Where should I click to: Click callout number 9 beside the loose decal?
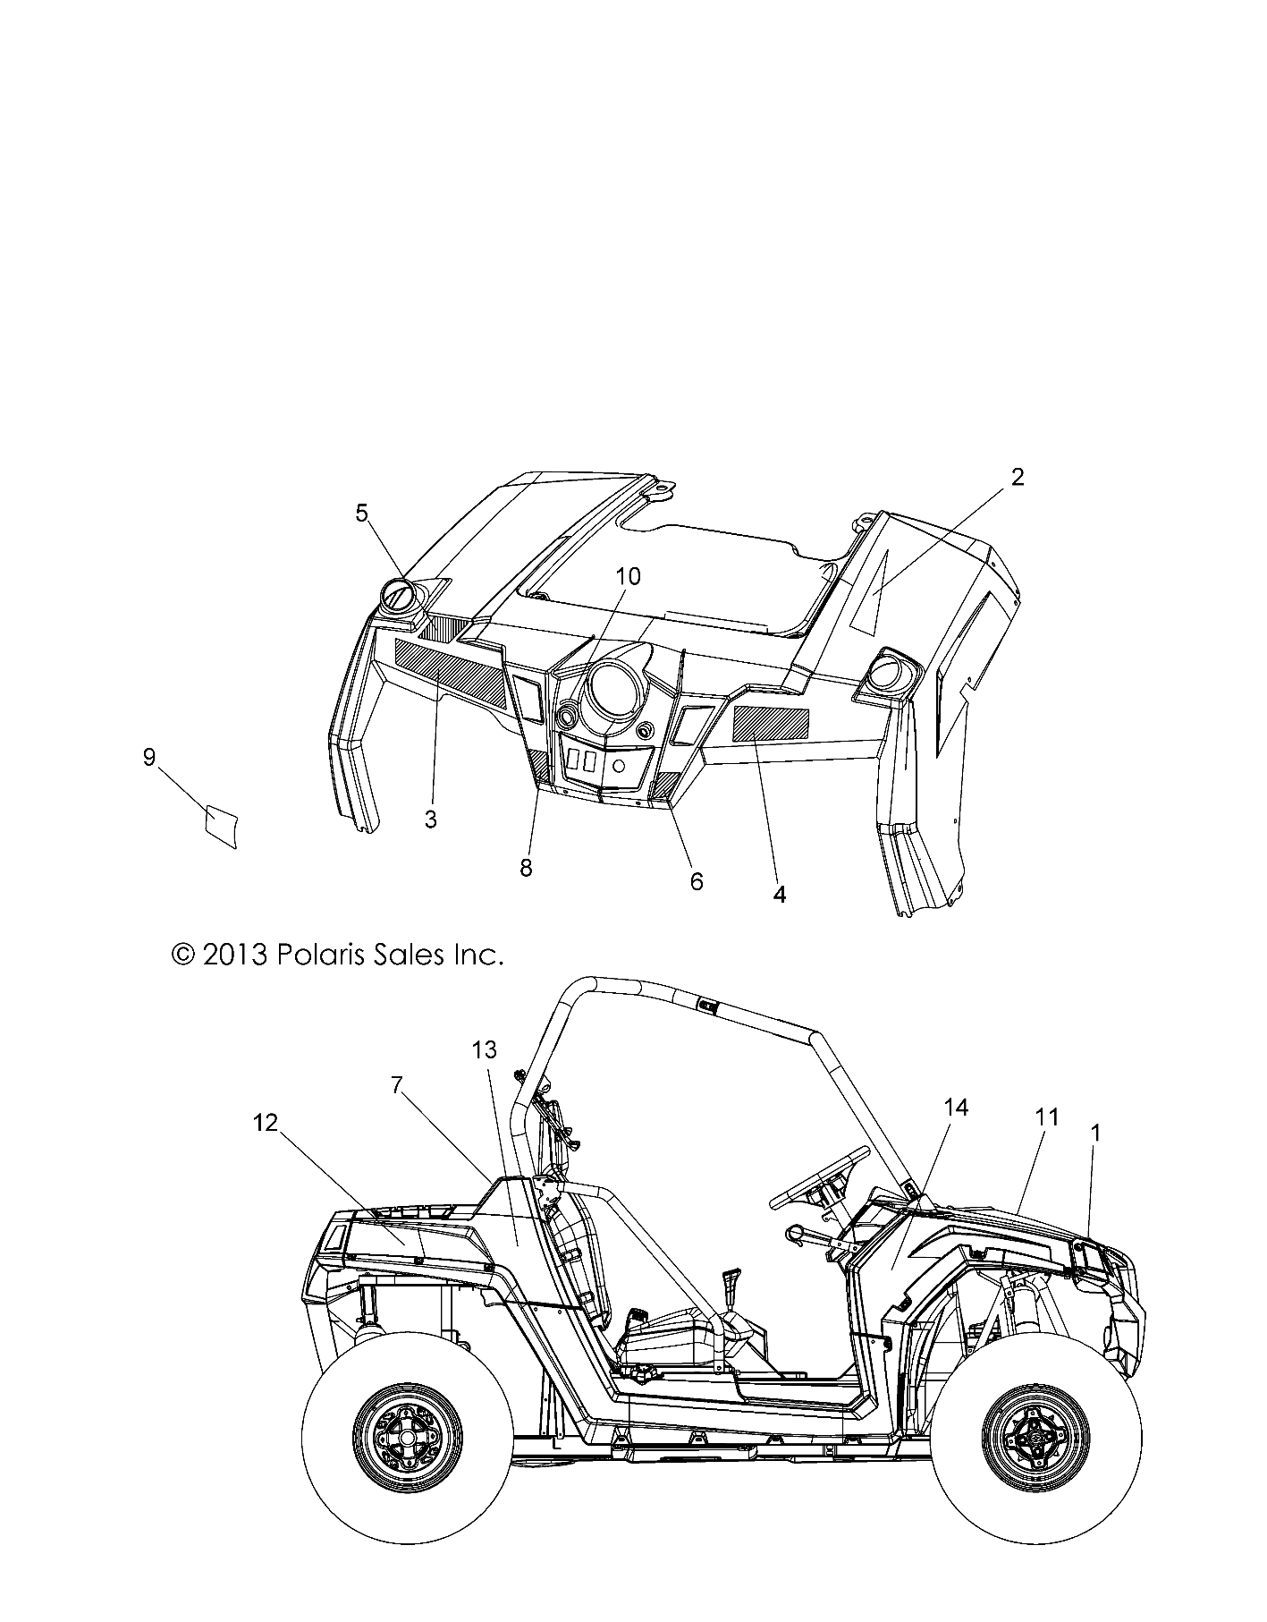click(149, 758)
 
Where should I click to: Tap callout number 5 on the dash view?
click(361, 513)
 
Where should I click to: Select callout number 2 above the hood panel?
click(1017, 477)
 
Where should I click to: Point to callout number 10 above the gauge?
click(629, 576)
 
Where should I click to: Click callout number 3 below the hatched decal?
click(431, 819)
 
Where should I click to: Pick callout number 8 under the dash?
click(526, 867)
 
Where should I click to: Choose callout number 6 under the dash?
click(697, 881)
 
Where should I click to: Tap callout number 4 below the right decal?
click(779, 894)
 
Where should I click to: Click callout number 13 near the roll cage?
click(485, 1049)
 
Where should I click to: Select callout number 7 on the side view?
click(397, 1085)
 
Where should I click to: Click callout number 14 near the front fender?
click(956, 1108)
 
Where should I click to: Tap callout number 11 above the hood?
click(1047, 1117)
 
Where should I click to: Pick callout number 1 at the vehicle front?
click(1096, 1133)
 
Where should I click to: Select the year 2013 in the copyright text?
click(236, 955)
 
